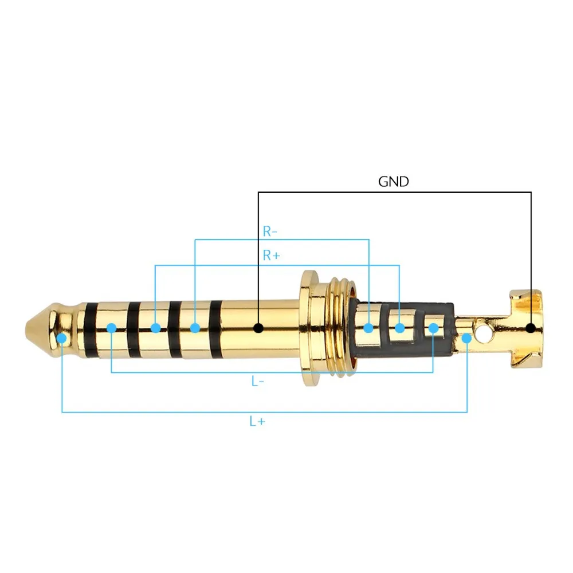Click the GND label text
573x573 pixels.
coord(393,182)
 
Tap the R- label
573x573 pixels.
coord(270,231)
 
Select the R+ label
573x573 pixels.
coord(272,255)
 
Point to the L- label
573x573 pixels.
coord(258,382)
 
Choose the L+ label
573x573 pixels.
coord(257,421)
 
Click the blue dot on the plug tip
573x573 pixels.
coord(62,339)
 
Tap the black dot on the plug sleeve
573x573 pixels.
coord(258,328)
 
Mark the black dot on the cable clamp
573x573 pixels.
coord(531,328)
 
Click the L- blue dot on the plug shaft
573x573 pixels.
coord(112,328)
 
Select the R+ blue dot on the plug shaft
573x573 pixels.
coord(155,328)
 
